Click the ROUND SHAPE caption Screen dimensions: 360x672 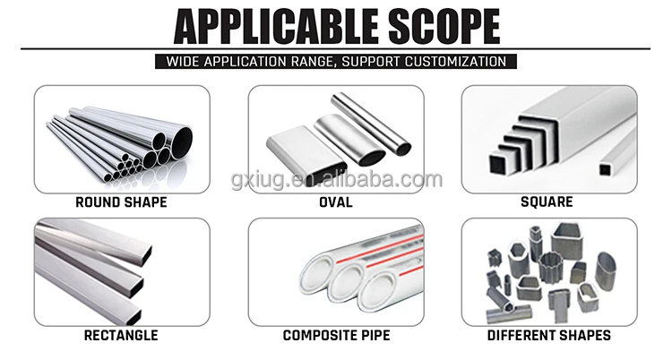(x=122, y=202)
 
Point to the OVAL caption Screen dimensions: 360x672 (x=336, y=202)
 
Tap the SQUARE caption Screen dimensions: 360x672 (x=547, y=202)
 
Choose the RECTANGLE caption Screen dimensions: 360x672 (x=122, y=336)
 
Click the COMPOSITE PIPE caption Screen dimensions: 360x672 (x=336, y=336)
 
